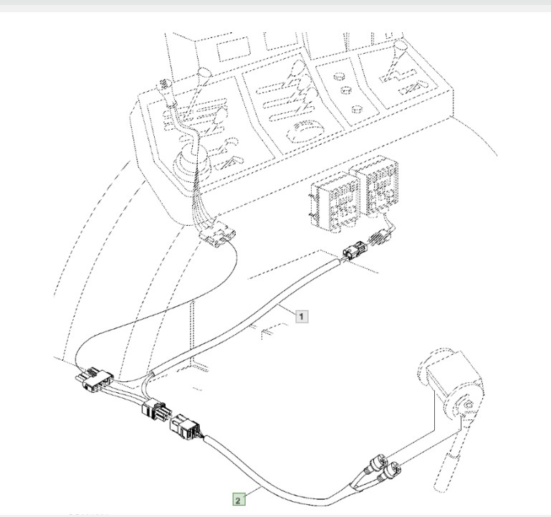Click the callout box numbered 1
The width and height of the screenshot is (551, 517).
[302, 315]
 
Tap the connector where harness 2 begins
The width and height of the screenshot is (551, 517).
[183, 427]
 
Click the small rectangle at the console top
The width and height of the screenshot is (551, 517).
[231, 51]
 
